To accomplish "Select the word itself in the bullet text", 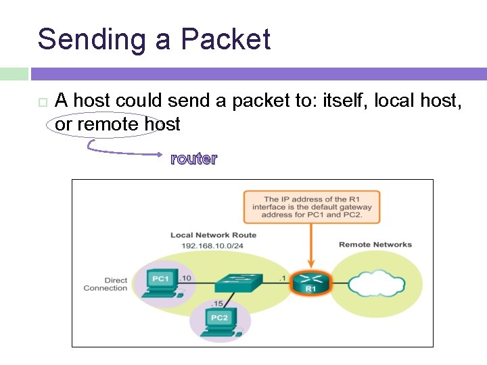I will point(344,101).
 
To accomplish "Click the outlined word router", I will point(193,159).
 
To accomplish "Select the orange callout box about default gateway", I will point(312,207).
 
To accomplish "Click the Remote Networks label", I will point(375,245).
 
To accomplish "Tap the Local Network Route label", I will point(213,235).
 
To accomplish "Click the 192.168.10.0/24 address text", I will point(213,245).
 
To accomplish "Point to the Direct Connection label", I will point(106,284).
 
